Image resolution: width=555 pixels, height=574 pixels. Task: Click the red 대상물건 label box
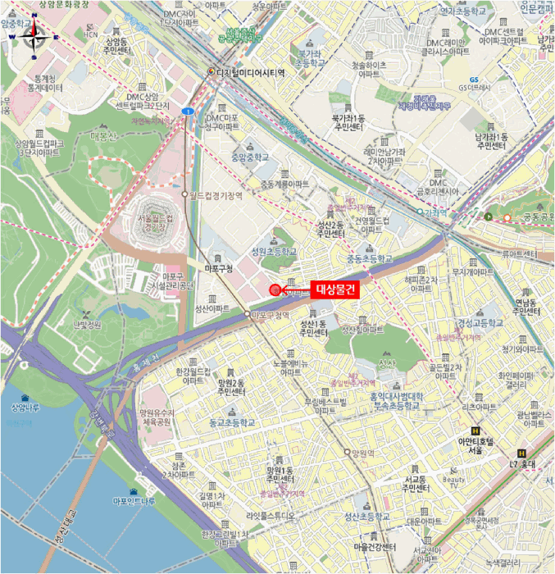[334, 289]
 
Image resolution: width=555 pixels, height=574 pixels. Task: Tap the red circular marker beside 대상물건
[275, 289]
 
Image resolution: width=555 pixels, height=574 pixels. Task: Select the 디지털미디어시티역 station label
[250, 72]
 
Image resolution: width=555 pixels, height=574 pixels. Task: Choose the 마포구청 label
[219, 268]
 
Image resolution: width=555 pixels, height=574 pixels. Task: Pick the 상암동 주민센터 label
[116, 46]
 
